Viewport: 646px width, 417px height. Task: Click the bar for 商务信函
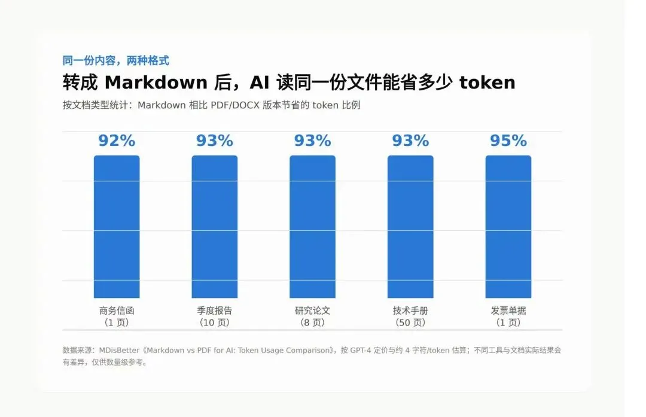pos(117,227)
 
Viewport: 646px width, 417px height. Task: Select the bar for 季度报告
pos(215,227)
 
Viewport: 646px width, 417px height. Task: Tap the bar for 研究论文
pos(313,227)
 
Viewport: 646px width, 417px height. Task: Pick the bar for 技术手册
pos(410,227)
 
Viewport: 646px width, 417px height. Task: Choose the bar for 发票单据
pos(508,227)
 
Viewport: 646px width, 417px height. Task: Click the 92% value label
pos(117,141)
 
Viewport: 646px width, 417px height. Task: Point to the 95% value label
pos(508,141)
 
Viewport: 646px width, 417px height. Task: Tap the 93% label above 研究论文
pos(313,141)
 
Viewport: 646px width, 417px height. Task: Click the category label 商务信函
pos(117,311)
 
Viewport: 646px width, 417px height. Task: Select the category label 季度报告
pos(215,311)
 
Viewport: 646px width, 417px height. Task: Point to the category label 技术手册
pos(410,311)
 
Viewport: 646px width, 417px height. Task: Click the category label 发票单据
pos(508,311)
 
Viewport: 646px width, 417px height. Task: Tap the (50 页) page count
pos(410,322)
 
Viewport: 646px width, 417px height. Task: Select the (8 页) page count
pos(313,322)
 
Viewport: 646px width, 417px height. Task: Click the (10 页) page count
pos(215,322)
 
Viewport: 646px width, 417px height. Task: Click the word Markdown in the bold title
pos(156,83)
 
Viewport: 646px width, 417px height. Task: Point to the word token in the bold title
pos(487,83)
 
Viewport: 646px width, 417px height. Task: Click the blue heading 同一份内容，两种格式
pos(116,60)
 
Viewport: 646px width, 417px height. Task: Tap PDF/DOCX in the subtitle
pos(235,105)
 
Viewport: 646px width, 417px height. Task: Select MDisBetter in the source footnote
pos(120,350)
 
